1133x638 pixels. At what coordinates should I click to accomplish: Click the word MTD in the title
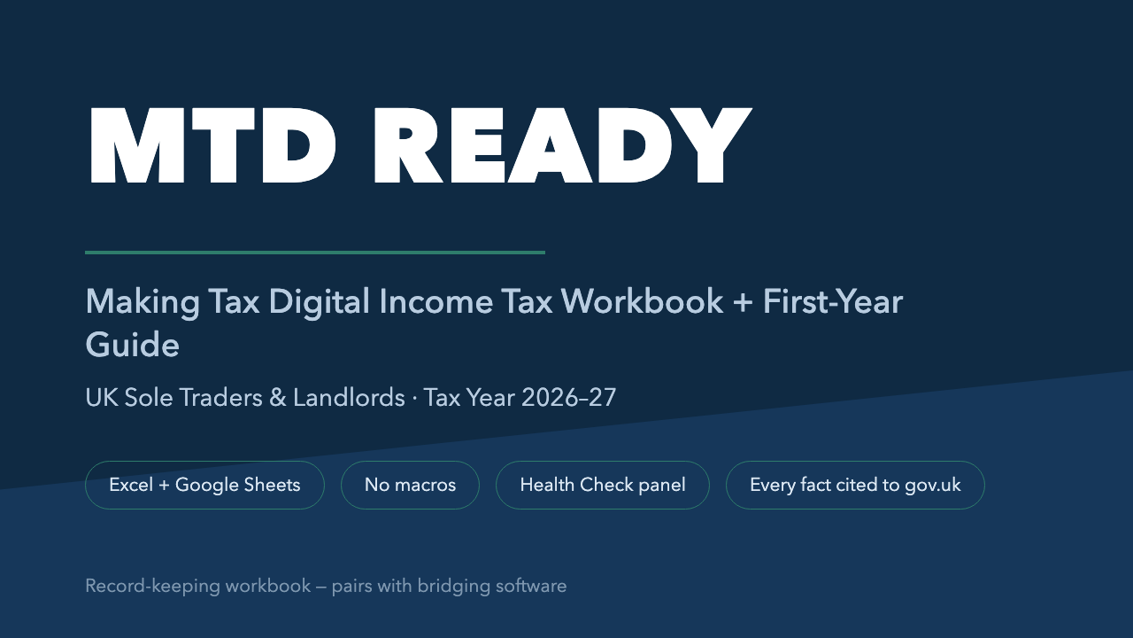coord(212,146)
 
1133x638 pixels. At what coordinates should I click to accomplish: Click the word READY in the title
coord(562,146)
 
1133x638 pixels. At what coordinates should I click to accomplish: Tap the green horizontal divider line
coord(315,253)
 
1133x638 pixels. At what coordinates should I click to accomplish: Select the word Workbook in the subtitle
coord(642,302)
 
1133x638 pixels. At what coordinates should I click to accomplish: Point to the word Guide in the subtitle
coord(133,346)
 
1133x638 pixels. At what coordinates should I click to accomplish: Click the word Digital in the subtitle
coord(320,303)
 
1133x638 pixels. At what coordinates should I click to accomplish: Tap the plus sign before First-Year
coord(743,303)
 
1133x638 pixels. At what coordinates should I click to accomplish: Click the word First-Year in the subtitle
coord(833,302)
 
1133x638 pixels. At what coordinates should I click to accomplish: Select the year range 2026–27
coord(569,398)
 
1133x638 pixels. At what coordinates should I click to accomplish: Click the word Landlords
coord(349,398)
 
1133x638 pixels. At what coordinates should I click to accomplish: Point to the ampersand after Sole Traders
coord(278,398)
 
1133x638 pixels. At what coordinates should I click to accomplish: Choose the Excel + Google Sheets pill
coord(204,485)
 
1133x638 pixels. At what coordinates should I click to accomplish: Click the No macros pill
coord(410,485)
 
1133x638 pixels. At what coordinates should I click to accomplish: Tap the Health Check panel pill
coord(603,485)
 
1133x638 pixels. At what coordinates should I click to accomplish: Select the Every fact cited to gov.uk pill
coord(855,485)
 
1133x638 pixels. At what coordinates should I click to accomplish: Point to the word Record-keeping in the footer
coord(152,587)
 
